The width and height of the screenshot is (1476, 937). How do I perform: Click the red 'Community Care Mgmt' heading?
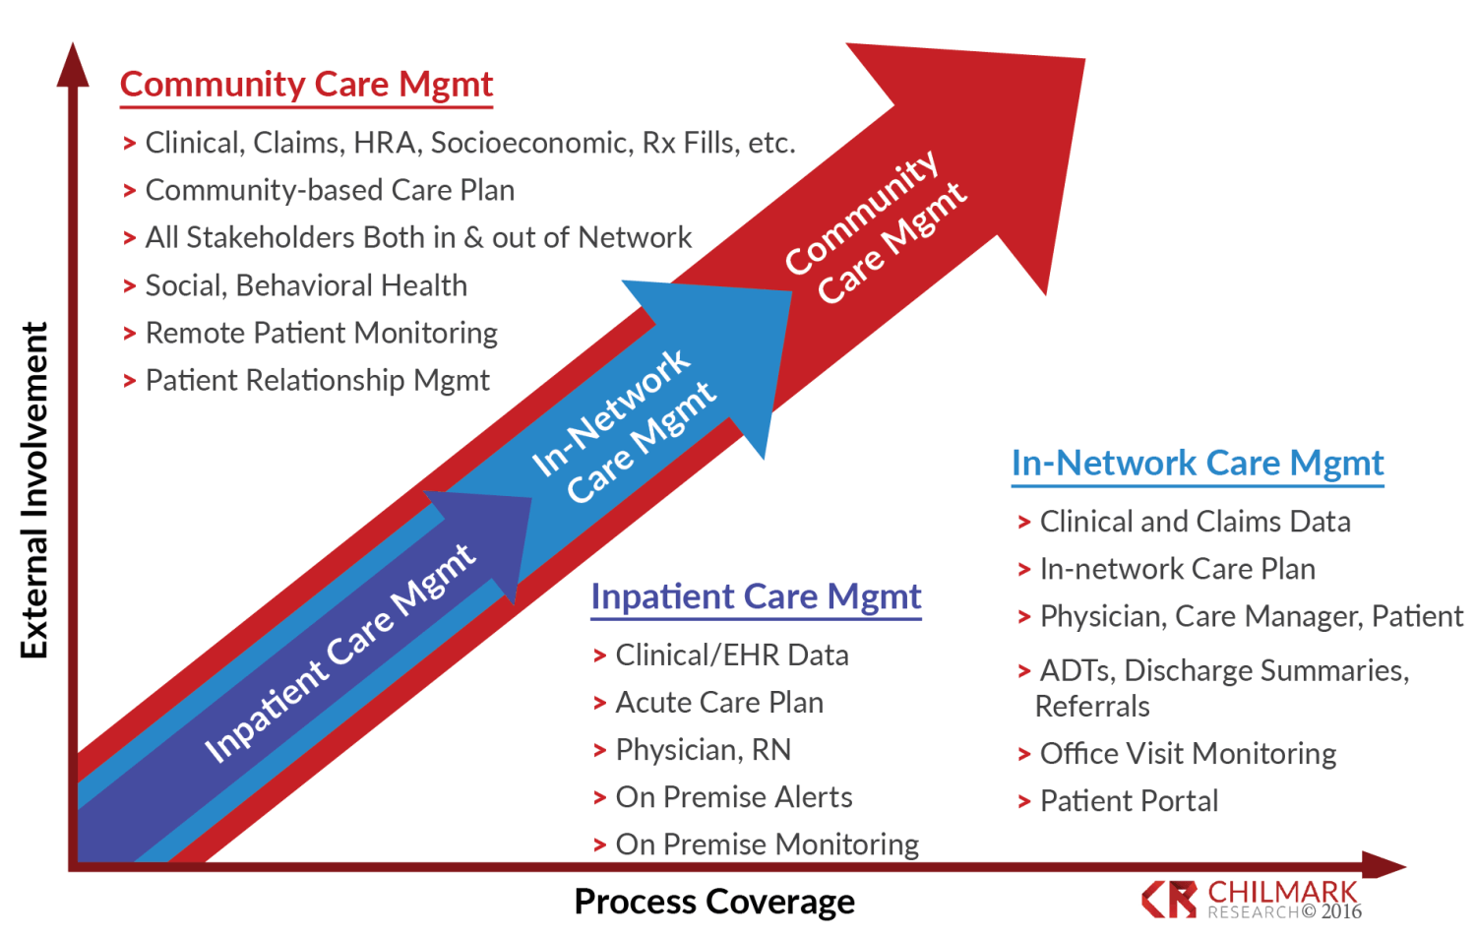point(306,85)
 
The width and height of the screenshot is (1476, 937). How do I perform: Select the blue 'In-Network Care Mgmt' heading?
point(1198,463)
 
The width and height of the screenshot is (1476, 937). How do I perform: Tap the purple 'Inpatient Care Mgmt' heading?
point(756,596)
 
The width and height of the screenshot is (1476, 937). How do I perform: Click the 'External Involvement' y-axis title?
point(35,490)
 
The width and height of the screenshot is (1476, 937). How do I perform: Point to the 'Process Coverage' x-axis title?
point(714,902)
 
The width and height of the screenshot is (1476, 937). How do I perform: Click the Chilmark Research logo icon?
point(1169,899)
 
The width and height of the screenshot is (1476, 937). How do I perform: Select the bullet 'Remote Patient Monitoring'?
point(321,333)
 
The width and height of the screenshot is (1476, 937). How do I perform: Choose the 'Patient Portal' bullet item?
point(1129,801)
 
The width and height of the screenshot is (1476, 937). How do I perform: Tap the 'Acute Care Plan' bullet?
point(719,703)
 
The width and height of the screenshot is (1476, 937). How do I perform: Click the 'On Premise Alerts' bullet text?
point(734,797)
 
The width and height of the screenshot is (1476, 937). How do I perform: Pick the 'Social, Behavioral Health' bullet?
point(306,285)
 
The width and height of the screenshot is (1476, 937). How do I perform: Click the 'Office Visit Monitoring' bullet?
point(1188,754)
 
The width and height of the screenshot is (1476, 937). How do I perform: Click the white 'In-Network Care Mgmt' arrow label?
point(624,426)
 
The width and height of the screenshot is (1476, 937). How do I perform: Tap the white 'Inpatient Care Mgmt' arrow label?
point(339,653)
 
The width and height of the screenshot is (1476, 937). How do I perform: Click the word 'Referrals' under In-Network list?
point(1092,707)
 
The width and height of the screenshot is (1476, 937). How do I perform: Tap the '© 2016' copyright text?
point(1332,912)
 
